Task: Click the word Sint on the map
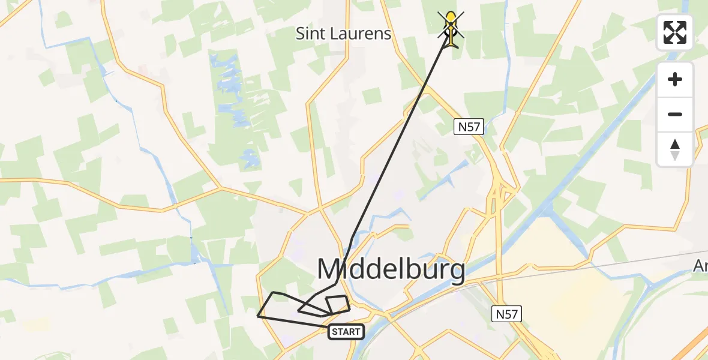click(x=310, y=34)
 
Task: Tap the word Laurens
click(x=359, y=34)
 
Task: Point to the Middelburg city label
click(x=391, y=269)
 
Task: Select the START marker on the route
click(x=346, y=332)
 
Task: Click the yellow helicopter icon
click(x=451, y=27)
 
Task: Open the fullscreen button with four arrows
click(x=675, y=32)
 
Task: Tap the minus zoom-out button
click(x=675, y=114)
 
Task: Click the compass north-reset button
click(x=675, y=149)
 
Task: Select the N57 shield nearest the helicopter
click(x=469, y=127)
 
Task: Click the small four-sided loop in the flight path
click(x=337, y=304)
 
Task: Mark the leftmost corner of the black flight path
click(x=258, y=316)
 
